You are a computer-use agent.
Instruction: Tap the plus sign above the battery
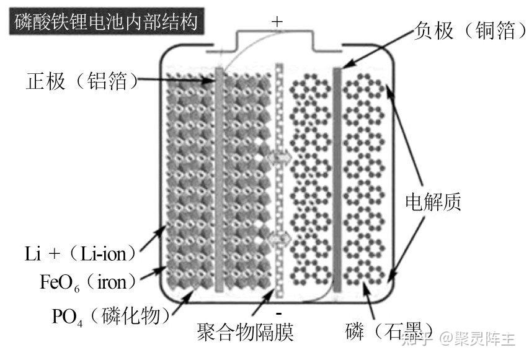(277, 21)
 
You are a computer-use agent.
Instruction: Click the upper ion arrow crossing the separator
(278, 157)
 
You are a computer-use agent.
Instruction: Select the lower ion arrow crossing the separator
(278, 238)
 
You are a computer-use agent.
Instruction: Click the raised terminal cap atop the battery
(278, 41)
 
